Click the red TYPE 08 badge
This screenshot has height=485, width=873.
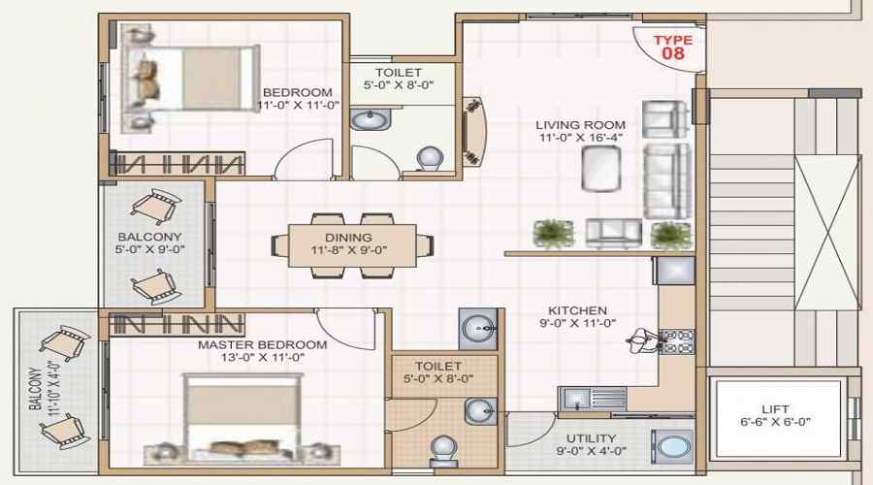pyautogui.click(x=672, y=48)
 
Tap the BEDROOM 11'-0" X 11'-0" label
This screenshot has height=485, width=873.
pyautogui.click(x=298, y=99)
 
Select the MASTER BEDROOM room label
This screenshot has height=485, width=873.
pyautogui.click(x=262, y=351)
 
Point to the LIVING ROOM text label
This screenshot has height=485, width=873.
pyautogui.click(x=581, y=131)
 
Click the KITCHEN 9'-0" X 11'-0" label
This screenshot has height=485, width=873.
pyautogui.click(x=577, y=317)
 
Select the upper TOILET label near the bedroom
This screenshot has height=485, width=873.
pyautogui.click(x=399, y=79)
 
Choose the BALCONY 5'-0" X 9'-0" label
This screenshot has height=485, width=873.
pyautogui.click(x=150, y=242)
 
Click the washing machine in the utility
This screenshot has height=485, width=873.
pyautogui.click(x=671, y=448)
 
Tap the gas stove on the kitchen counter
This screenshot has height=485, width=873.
pyautogui.click(x=676, y=339)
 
